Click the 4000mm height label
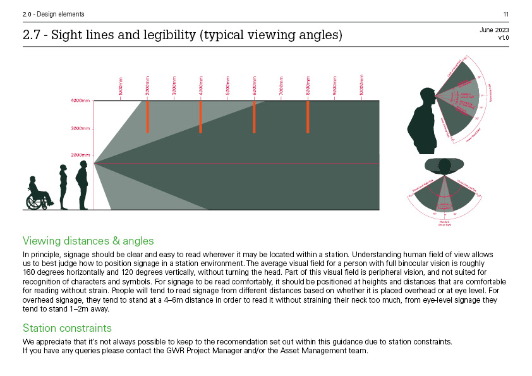(80, 100)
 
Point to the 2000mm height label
(80, 155)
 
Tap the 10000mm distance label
(361, 85)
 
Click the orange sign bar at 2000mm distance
(147, 116)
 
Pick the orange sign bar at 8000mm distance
(308, 116)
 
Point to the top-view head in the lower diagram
(445, 166)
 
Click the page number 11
(506, 15)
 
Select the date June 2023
(494, 30)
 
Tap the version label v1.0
(503, 38)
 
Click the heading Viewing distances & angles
(88, 241)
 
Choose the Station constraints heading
(67, 328)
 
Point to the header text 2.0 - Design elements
(45, 15)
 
